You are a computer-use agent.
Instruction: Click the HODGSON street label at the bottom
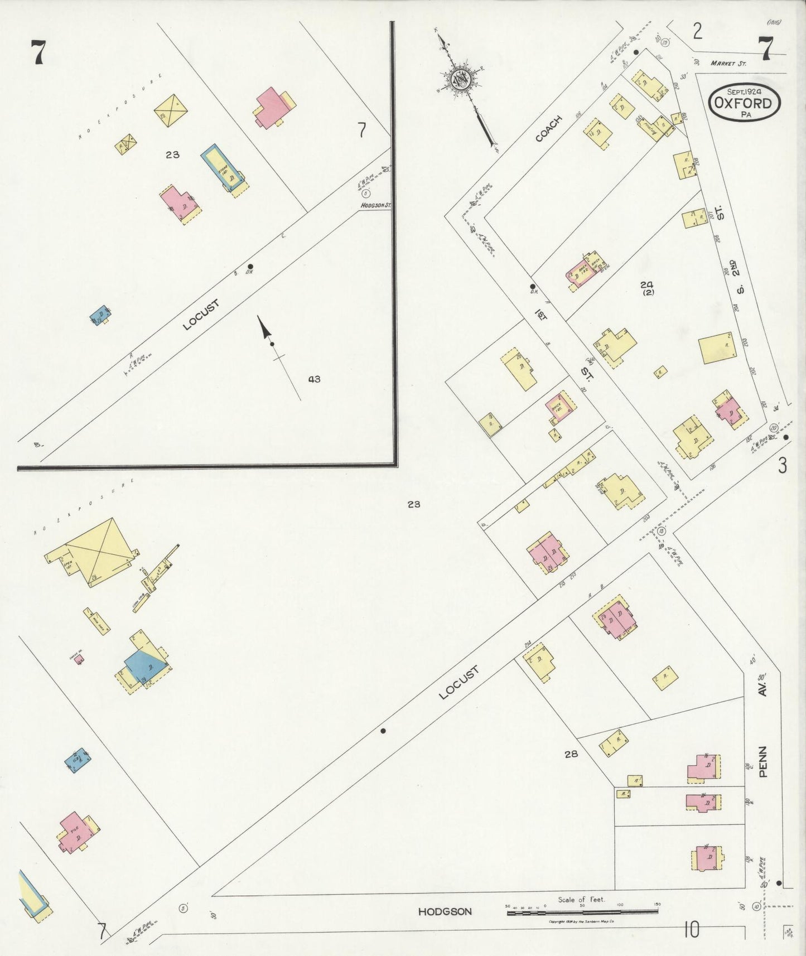tap(445, 911)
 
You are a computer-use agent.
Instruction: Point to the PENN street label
tap(763, 761)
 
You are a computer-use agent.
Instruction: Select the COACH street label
tap(548, 128)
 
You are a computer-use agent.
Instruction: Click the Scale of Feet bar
tap(582, 912)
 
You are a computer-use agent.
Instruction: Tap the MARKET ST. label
tap(728, 64)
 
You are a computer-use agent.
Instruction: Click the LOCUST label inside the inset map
tap(201, 315)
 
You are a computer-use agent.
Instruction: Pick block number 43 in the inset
tap(314, 379)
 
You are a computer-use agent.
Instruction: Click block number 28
tap(571, 754)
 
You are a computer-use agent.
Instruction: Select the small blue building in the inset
tap(100, 315)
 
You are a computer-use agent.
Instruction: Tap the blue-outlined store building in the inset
tap(223, 167)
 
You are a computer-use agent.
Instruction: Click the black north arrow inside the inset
tap(266, 331)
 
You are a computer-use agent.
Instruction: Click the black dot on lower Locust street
tap(383, 730)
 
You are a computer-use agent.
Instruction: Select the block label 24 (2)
tap(647, 288)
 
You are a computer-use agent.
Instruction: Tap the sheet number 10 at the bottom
tap(691, 930)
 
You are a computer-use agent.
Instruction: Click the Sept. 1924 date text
tap(744, 91)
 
